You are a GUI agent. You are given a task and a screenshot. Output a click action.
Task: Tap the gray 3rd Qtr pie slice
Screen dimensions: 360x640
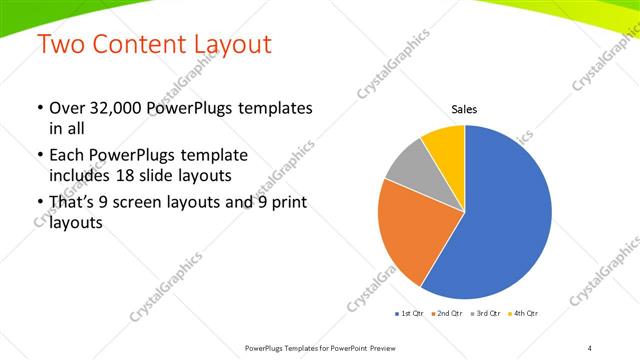[408, 167]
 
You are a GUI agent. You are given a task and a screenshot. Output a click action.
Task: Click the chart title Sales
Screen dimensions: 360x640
[464, 110]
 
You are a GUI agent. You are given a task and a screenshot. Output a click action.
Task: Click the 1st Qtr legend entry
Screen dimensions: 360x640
[410, 314]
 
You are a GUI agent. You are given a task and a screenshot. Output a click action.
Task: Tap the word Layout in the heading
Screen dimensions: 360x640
[232, 45]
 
